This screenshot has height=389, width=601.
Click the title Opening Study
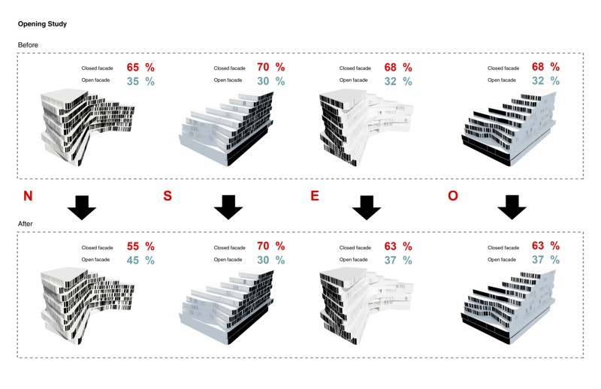pyautogui.click(x=42, y=24)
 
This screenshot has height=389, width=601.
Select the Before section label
pyautogui.click(x=28, y=45)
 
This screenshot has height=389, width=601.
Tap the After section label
pyautogui.click(x=26, y=224)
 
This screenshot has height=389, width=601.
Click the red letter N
pyautogui.click(x=28, y=196)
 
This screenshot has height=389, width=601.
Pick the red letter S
pyautogui.click(x=168, y=196)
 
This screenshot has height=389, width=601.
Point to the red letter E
pyautogui.click(x=315, y=196)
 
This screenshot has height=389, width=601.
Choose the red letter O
pyautogui.click(x=453, y=196)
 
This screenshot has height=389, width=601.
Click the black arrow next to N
pyautogui.click(x=82, y=207)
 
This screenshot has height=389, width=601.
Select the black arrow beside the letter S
pyautogui.click(x=228, y=207)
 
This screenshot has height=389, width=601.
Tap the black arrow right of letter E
pyautogui.click(x=367, y=207)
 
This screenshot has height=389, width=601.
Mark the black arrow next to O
pyautogui.click(x=512, y=207)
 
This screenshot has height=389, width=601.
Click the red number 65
pyautogui.click(x=133, y=68)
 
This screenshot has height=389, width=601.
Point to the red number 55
pyautogui.click(x=133, y=246)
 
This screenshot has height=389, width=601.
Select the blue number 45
pyautogui.click(x=133, y=261)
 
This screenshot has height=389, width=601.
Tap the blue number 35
pyautogui.click(x=133, y=81)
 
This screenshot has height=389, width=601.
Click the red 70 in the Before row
pyautogui.click(x=264, y=67)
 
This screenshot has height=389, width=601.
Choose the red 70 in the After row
pyautogui.click(x=264, y=246)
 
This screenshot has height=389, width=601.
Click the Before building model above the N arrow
pyautogui.click(x=87, y=127)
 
